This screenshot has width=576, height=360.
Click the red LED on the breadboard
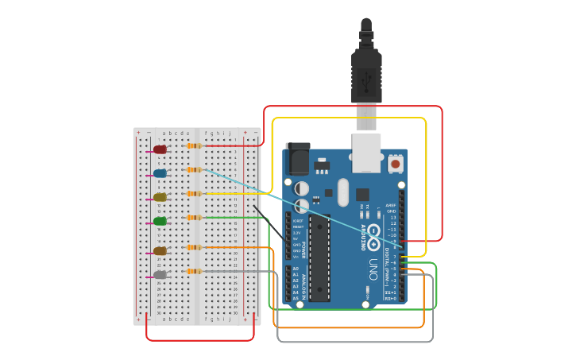point(160,149)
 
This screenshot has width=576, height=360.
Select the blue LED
point(160,173)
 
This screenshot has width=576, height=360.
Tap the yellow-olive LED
point(160,197)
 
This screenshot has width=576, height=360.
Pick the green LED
point(160,221)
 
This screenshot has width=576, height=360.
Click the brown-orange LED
point(160,251)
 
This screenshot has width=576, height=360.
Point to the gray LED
point(160,275)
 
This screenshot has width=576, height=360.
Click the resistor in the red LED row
point(194,145)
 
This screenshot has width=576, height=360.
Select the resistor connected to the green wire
point(194,217)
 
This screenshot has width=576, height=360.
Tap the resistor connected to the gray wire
point(194,271)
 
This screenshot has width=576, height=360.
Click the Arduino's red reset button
point(395,165)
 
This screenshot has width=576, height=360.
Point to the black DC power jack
point(297,158)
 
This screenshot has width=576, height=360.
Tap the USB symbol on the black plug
point(366,80)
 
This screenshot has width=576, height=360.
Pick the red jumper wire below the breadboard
point(200,340)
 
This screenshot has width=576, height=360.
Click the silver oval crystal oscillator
point(342,192)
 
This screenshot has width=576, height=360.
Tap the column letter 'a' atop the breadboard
point(163,133)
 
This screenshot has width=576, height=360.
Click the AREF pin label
point(391,205)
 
